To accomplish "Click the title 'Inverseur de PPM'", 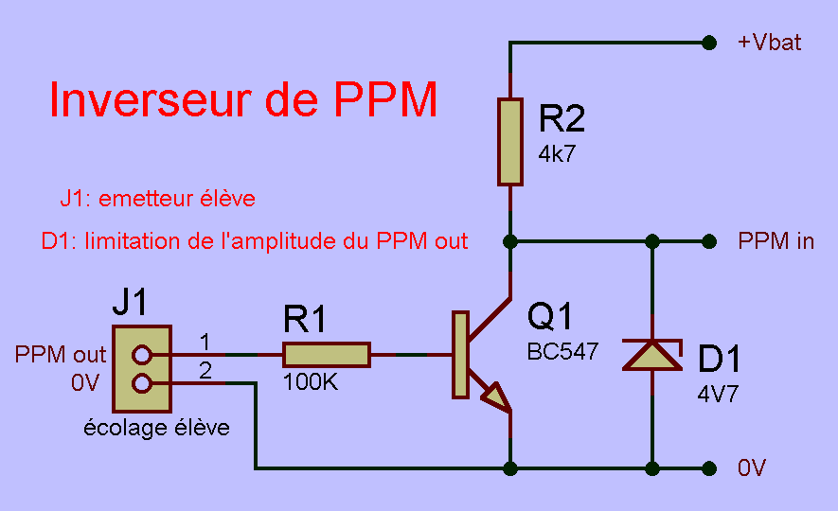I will click(x=243, y=100).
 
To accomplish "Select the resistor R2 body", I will click(x=510, y=141).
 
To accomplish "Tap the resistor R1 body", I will click(x=327, y=355).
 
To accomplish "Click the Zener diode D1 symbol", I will click(x=651, y=354).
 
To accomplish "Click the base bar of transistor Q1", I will click(x=460, y=354).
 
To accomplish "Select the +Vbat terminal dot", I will click(x=707, y=42).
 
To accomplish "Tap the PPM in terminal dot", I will click(x=707, y=240).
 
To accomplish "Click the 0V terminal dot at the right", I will click(x=707, y=467).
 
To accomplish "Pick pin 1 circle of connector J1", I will click(x=142, y=355).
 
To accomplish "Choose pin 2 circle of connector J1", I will click(x=142, y=383).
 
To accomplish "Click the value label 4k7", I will click(x=557, y=154).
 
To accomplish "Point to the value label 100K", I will click(x=310, y=385).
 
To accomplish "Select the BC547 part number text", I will click(x=562, y=351).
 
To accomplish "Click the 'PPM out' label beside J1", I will click(x=61, y=355).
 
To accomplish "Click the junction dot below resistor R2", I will click(x=510, y=240).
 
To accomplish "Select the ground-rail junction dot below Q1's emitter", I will click(x=510, y=467).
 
